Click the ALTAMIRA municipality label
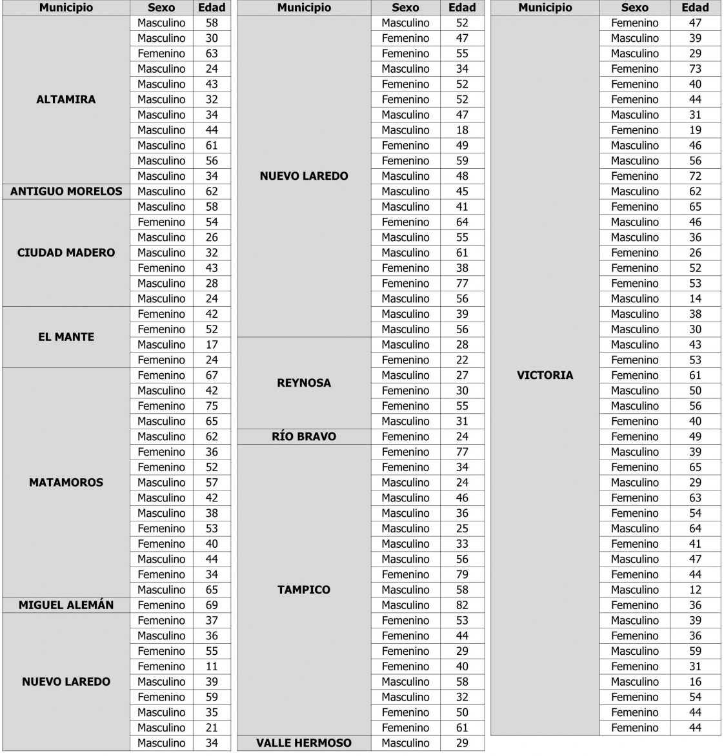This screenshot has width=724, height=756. (66, 99)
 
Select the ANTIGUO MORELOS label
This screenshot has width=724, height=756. (66, 191)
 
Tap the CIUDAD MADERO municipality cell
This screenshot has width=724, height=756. (66, 253)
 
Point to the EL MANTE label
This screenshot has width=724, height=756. (66, 337)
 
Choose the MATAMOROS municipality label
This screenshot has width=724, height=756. (66, 482)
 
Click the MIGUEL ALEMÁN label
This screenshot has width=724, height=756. (66, 605)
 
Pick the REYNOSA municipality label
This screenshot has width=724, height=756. (304, 383)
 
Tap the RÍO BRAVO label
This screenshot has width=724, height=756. (304, 436)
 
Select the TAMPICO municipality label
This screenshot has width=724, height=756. (304, 590)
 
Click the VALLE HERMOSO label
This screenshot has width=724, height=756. (304, 743)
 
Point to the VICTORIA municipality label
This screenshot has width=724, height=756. (545, 375)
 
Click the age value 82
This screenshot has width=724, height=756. (462, 605)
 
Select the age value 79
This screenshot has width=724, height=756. (462, 574)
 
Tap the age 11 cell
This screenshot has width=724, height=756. (212, 666)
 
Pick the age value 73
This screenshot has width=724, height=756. (695, 69)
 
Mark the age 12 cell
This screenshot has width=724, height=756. (695, 590)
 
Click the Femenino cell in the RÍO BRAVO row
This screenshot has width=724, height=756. (405, 436)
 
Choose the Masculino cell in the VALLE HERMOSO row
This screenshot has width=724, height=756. (405, 743)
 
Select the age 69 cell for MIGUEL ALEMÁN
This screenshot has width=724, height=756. (212, 605)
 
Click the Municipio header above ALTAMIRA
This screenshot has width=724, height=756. (66, 8)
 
